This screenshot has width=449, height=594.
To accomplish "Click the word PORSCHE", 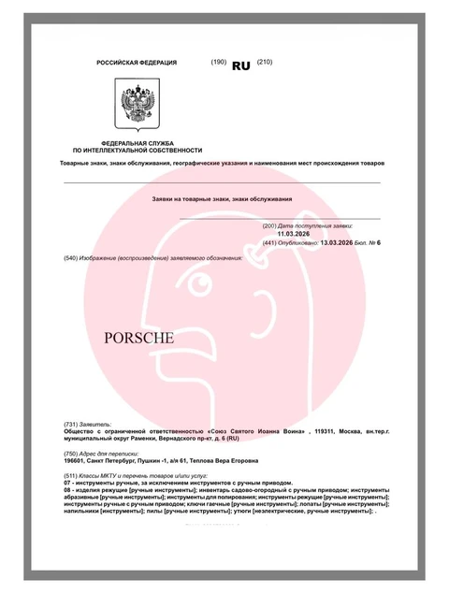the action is [138, 338].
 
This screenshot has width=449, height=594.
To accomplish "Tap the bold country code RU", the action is [241, 66].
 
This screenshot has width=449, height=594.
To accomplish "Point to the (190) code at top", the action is [219, 62].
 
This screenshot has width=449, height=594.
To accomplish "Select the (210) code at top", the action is [264, 62].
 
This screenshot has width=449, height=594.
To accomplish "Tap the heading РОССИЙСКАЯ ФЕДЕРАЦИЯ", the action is [137, 63].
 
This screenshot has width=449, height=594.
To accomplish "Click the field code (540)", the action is [71, 257].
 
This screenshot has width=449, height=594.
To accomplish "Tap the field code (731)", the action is [71, 423].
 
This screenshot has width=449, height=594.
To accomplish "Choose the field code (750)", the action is [71, 454].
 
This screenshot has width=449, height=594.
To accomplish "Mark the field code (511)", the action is [71, 477].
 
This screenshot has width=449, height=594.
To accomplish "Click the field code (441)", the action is [272, 242].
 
